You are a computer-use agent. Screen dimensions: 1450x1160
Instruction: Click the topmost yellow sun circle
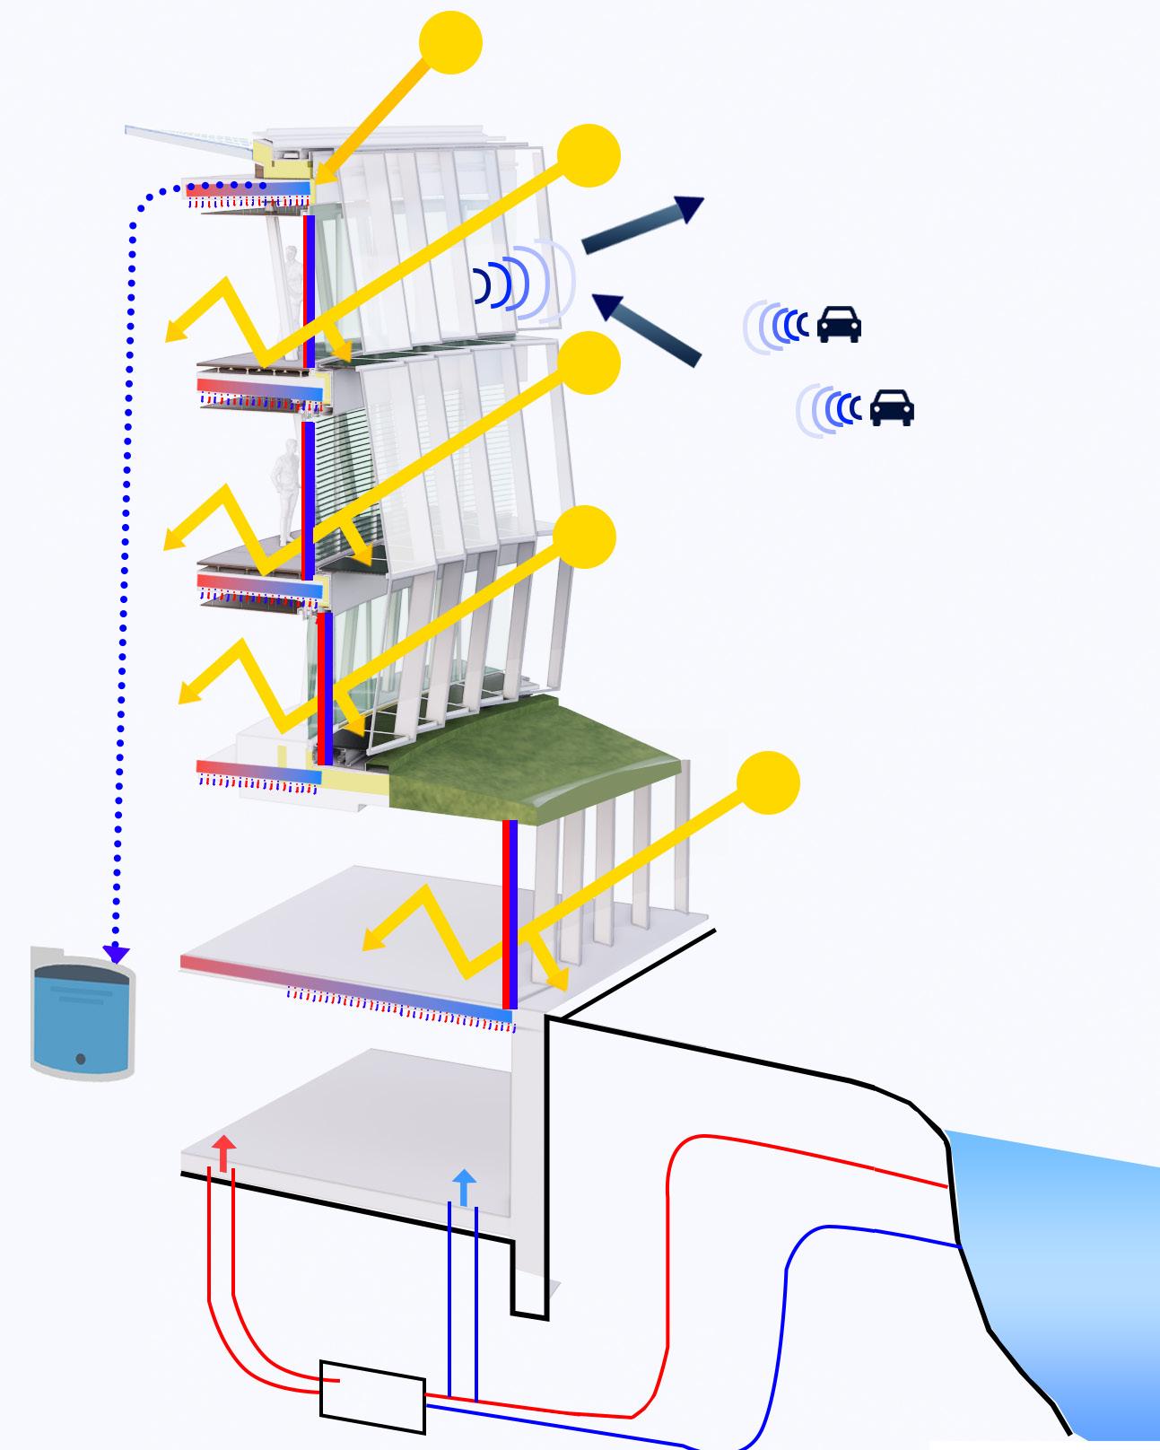[450, 42]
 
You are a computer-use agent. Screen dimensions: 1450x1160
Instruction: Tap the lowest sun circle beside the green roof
[768, 782]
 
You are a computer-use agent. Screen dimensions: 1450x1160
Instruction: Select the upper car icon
[839, 324]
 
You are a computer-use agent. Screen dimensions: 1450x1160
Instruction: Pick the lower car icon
[892, 407]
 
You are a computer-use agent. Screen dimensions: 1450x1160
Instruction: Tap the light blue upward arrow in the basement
[464, 1186]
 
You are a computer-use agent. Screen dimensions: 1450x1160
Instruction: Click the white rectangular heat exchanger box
[372, 1396]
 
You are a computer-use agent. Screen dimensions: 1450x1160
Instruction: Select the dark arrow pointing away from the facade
[644, 223]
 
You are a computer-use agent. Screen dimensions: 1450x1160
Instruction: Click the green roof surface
[529, 758]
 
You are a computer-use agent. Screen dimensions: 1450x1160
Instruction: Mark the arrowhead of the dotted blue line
[116, 954]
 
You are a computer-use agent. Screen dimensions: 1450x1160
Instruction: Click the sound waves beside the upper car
[776, 325]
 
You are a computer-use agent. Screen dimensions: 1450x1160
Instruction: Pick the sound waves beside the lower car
[830, 409]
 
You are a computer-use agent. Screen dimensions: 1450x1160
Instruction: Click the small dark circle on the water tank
[81, 1060]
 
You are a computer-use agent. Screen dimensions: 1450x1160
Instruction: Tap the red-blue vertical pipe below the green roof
[510, 915]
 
